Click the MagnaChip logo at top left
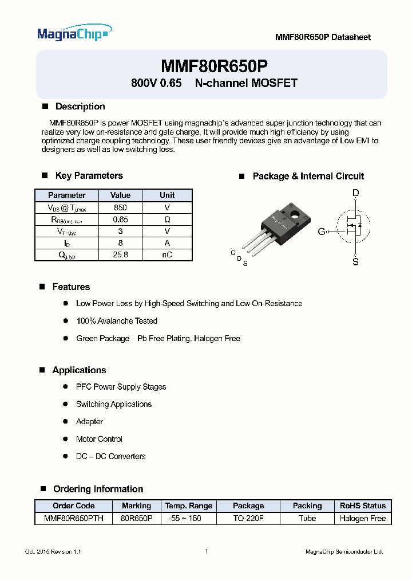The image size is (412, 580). tap(74, 34)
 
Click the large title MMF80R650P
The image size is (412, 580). tap(214, 65)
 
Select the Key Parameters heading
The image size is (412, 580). tap(89, 176)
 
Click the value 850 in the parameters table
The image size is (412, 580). tap(120, 207)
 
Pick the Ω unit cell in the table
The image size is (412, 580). tap(167, 220)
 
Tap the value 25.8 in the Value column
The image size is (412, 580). tap(120, 255)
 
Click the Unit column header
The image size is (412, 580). tap(167, 195)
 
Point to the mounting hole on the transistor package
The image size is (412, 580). tap(296, 215)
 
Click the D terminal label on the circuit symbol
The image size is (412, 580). tap(355, 193)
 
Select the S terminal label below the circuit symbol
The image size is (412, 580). tap(355, 262)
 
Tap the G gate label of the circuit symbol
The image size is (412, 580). tap(322, 232)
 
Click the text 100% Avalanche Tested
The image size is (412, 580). tap(117, 321)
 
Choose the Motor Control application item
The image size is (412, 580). tap(99, 439)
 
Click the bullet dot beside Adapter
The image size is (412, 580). tap(66, 422)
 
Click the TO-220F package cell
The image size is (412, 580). tap(248, 518)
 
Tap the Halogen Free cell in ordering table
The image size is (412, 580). tap(363, 518)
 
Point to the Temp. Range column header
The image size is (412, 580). tap(188, 506)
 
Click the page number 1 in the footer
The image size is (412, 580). tap(206, 551)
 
